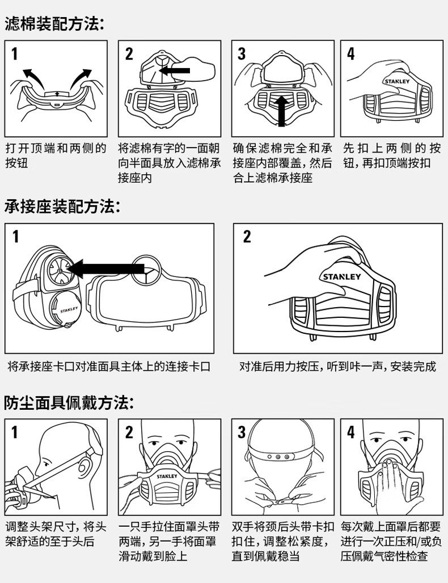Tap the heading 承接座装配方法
[x=62, y=207]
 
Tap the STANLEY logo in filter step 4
[x=396, y=81]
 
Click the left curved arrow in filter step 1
[x=34, y=74]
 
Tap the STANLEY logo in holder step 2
[x=341, y=277]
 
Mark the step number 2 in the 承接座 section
[x=247, y=237]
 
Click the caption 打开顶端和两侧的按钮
[x=56, y=156]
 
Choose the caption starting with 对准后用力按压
[x=337, y=367]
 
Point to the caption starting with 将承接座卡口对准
[x=109, y=367]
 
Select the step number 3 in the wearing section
[x=242, y=433]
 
